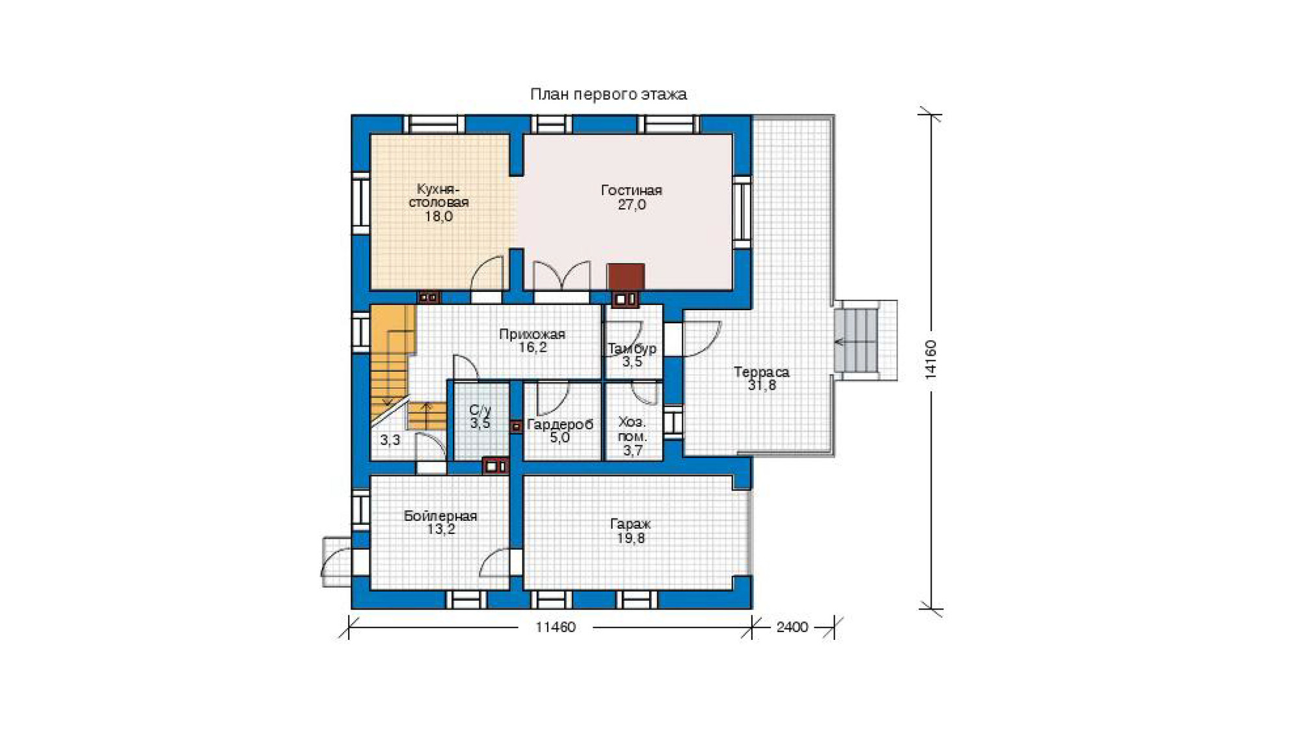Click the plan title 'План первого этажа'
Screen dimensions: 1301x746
coord(608,94)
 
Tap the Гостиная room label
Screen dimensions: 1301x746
coord(631,191)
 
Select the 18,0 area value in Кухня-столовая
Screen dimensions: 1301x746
coord(438,217)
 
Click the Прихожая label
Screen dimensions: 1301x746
coord(532,334)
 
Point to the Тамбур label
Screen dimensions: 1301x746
coord(632,349)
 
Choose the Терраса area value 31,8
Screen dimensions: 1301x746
coord(762,385)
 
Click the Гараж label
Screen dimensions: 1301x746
coord(630,524)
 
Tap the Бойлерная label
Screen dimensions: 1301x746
coord(440,516)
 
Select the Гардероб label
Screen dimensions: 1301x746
coord(560,425)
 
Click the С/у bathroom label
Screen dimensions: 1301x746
coord(480,410)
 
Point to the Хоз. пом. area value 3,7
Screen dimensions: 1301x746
coord(633,450)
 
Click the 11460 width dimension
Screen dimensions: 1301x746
coord(556,627)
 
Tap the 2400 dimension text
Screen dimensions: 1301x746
coord(792,627)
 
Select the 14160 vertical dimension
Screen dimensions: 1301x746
coord(931,359)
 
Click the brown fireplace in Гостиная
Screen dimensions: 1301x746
coord(626,276)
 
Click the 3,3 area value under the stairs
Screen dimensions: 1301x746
coord(390,440)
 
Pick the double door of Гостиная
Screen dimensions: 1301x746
coord(561,276)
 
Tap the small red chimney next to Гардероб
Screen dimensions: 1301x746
coord(516,427)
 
